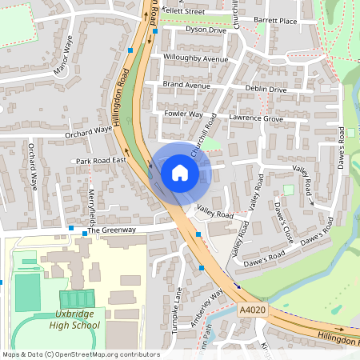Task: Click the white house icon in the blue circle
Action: tap(180, 172)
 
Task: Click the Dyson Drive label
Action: tap(206, 30)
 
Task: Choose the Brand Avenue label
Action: tap(186, 85)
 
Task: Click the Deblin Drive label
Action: tap(266, 90)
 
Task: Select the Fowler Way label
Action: tap(183, 114)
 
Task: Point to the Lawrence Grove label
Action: tap(256, 119)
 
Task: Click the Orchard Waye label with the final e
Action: tap(89, 130)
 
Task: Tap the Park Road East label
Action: tap(102, 161)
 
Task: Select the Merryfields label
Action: tap(92, 204)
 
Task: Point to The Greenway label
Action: tap(112, 230)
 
